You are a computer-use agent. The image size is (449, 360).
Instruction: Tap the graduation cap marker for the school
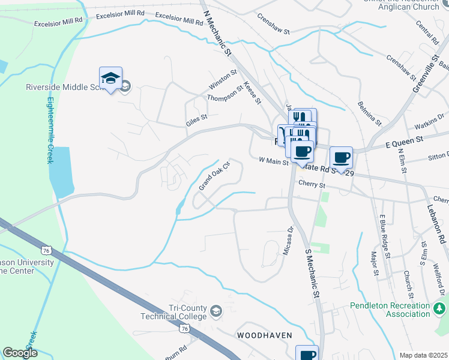pos(110,79)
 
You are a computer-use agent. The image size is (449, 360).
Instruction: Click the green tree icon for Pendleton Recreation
pos(440,309)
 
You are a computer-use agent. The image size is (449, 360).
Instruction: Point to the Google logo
pos(20,353)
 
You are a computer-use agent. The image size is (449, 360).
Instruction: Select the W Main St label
pos(274,161)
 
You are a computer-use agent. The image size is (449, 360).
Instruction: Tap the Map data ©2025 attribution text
pos(423,355)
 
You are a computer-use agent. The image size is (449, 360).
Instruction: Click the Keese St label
pos(253,93)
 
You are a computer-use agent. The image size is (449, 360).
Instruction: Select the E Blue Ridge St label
pos(384,237)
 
